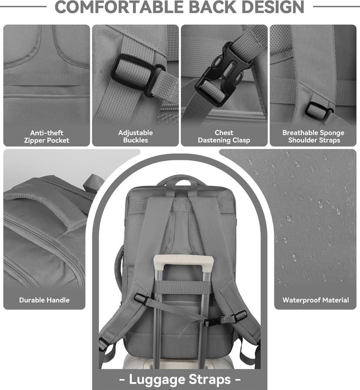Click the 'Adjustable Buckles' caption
tap(136, 137)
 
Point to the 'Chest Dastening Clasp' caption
tap(224, 137)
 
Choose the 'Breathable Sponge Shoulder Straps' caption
tap(313, 137)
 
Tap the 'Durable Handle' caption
tap(44, 300)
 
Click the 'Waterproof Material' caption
tap(316, 300)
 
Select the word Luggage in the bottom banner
tap(157, 380)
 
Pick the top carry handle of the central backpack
tap(180, 180)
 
